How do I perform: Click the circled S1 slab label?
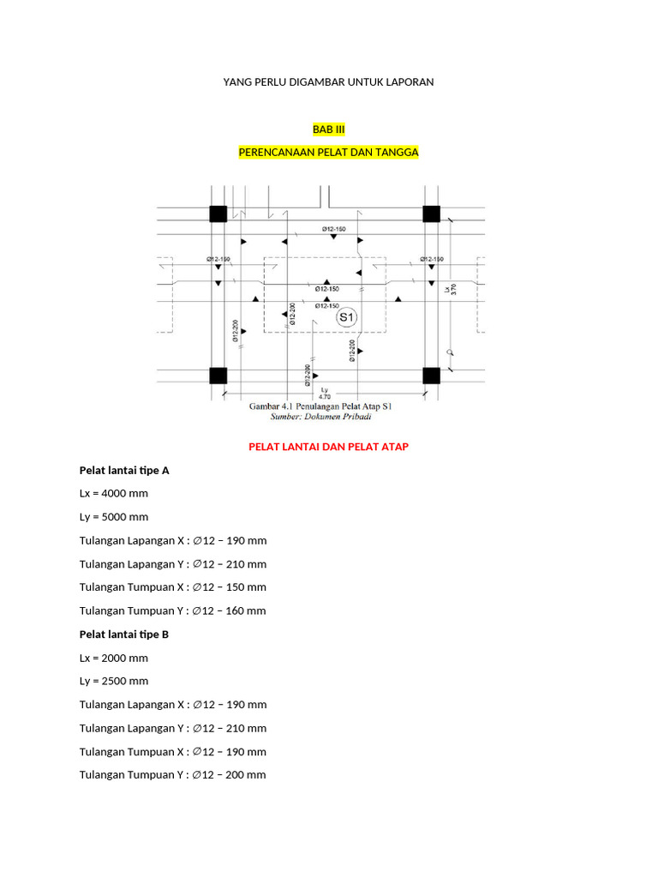click(346, 318)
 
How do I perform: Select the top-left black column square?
click(218, 213)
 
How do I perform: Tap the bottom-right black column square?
click(431, 376)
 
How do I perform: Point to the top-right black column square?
click(431, 213)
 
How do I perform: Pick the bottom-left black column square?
click(218, 376)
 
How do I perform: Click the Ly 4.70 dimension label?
click(325, 393)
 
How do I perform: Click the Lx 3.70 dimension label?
click(450, 290)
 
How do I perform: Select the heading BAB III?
click(328, 129)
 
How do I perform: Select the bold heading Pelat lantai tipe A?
click(124, 471)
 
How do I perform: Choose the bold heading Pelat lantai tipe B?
click(124, 634)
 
